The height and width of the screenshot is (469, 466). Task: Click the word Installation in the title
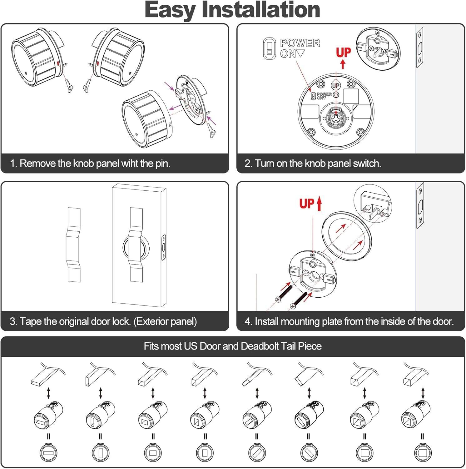[261, 10]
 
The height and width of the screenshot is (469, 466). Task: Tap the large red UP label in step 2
[343, 53]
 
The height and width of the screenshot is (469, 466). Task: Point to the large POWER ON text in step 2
[300, 48]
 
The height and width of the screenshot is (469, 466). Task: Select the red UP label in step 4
[306, 204]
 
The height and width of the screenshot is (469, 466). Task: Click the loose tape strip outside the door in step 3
[74, 245]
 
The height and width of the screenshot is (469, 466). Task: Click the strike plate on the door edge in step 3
[163, 247]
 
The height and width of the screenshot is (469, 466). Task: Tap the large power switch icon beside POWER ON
[269, 48]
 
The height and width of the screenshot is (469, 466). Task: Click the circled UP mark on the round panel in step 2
[336, 85]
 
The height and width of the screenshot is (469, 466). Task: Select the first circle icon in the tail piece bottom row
[49, 453]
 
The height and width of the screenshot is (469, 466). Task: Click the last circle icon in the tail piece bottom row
[423, 453]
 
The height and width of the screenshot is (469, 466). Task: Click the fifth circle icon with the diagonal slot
[257, 453]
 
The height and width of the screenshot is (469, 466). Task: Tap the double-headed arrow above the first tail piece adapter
[48, 393]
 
